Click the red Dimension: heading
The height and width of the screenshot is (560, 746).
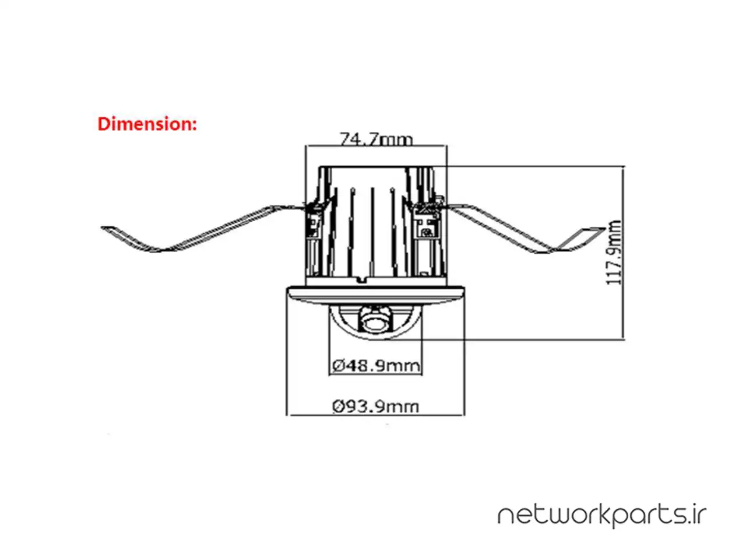coord(147,124)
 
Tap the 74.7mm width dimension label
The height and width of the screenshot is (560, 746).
coord(376,139)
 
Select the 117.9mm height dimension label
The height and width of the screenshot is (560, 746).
coord(614,252)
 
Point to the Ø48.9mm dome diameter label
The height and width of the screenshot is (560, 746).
coord(376,366)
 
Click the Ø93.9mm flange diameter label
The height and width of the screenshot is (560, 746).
coord(376,406)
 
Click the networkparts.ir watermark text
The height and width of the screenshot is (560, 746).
coord(601,516)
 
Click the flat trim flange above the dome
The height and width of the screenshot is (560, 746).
coord(376,295)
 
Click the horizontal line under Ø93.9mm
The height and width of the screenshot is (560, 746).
coord(376,415)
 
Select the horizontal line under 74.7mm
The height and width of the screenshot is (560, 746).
coord(376,146)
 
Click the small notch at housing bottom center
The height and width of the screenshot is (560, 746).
coord(361,280)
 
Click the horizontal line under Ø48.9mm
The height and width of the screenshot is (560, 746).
coord(376,374)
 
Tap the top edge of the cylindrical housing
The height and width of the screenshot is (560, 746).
coord(376,167)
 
